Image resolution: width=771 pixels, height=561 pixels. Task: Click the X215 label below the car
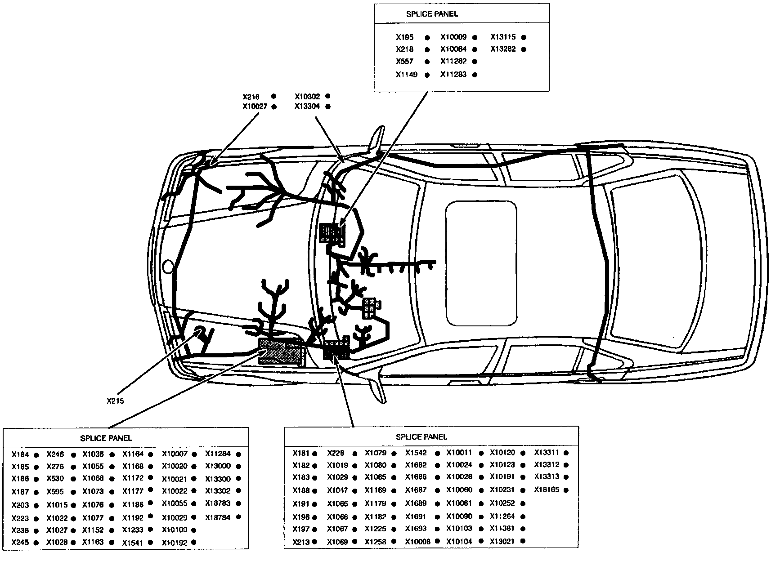pyautogui.click(x=115, y=401)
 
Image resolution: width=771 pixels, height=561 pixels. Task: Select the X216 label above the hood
pyautogui.click(x=251, y=97)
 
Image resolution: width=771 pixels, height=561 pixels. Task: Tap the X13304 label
pyautogui.click(x=307, y=107)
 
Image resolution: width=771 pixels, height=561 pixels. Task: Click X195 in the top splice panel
pyautogui.click(x=404, y=37)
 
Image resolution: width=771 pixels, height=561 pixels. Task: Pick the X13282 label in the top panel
pyautogui.click(x=503, y=49)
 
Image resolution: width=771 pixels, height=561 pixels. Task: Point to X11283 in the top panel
pyautogui.click(x=453, y=74)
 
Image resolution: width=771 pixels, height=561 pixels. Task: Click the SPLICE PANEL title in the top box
pyautogui.click(x=432, y=14)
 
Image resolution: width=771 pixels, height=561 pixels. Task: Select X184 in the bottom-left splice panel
pyautogui.click(x=20, y=454)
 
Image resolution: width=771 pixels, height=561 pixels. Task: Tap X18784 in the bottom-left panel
pyautogui.click(x=218, y=517)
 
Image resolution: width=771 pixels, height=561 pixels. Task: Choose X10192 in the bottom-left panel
pyautogui.click(x=174, y=543)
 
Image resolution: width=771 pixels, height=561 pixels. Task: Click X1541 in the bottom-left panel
pyautogui.click(x=132, y=543)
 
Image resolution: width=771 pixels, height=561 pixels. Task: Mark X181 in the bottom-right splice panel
pyautogui.click(x=300, y=453)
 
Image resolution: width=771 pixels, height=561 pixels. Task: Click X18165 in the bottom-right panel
pyautogui.click(x=547, y=490)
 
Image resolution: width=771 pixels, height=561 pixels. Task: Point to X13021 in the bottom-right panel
pyautogui.click(x=502, y=541)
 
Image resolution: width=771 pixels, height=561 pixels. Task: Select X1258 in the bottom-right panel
pyautogui.click(x=375, y=542)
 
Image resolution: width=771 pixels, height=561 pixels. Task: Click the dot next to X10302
pyautogui.click(x=328, y=96)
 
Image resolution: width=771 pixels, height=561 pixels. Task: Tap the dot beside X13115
pyautogui.click(x=524, y=37)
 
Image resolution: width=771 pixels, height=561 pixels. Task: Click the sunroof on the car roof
pyautogui.click(x=480, y=263)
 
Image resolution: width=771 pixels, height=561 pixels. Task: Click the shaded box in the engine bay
pyautogui.click(x=282, y=351)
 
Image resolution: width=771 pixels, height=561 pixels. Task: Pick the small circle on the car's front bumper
pyautogui.click(x=167, y=267)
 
